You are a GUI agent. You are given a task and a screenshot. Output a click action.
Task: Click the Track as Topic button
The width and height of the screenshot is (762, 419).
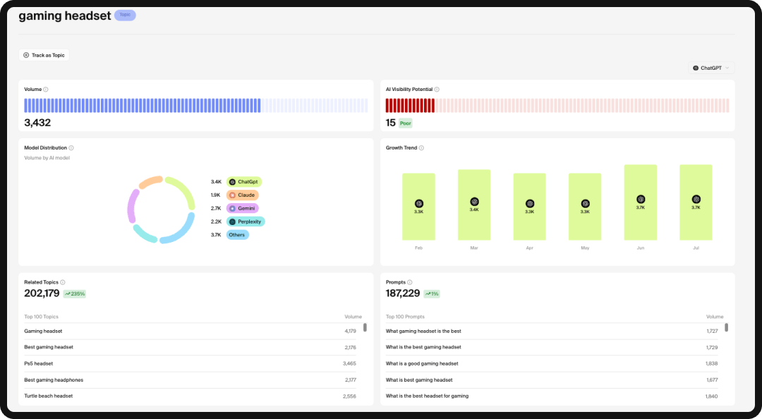tap(44, 55)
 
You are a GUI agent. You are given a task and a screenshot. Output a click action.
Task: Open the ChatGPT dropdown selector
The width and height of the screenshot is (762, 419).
tap(711, 68)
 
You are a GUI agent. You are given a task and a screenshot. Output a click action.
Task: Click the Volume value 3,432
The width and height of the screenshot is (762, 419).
tap(37, 123)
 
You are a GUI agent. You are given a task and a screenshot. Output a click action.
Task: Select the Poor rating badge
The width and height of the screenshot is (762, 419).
tap(405, 123)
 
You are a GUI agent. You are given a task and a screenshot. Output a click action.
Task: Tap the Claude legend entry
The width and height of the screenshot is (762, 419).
tap(243, 195)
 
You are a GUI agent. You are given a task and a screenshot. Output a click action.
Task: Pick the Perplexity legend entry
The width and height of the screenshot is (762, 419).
tap(246, 221)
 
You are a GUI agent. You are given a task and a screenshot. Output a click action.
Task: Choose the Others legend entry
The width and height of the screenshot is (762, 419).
tap(238, 235)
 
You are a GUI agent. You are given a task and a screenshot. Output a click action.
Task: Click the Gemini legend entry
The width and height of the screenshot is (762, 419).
tap(243, 208)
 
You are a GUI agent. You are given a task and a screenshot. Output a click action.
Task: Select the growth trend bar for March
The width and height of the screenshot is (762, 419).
tap(474, 205)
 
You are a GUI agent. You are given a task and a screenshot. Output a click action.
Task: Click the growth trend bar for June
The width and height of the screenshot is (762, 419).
tap(641, 202)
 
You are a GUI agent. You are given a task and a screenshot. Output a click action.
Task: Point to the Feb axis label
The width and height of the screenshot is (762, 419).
tap(418, 248)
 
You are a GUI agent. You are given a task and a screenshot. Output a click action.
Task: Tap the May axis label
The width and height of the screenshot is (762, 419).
tap(585, 248)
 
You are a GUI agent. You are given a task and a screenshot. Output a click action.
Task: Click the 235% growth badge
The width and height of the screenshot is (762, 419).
tap(74, 293)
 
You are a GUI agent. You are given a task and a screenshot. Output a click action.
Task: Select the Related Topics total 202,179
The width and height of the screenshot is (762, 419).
tap(42, 293)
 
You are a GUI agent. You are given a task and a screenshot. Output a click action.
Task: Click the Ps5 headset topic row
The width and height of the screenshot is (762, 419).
tap(39, 363)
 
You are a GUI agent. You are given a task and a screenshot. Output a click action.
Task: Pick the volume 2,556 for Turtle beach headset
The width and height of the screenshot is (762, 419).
tap(349, 396)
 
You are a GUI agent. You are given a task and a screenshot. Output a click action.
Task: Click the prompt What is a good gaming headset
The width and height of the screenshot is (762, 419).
tap(422, 363)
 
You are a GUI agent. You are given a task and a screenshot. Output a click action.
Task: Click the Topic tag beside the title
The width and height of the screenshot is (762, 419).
tap(125, 15)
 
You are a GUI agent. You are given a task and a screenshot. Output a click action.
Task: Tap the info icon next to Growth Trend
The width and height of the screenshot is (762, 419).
tap(421, 148)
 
